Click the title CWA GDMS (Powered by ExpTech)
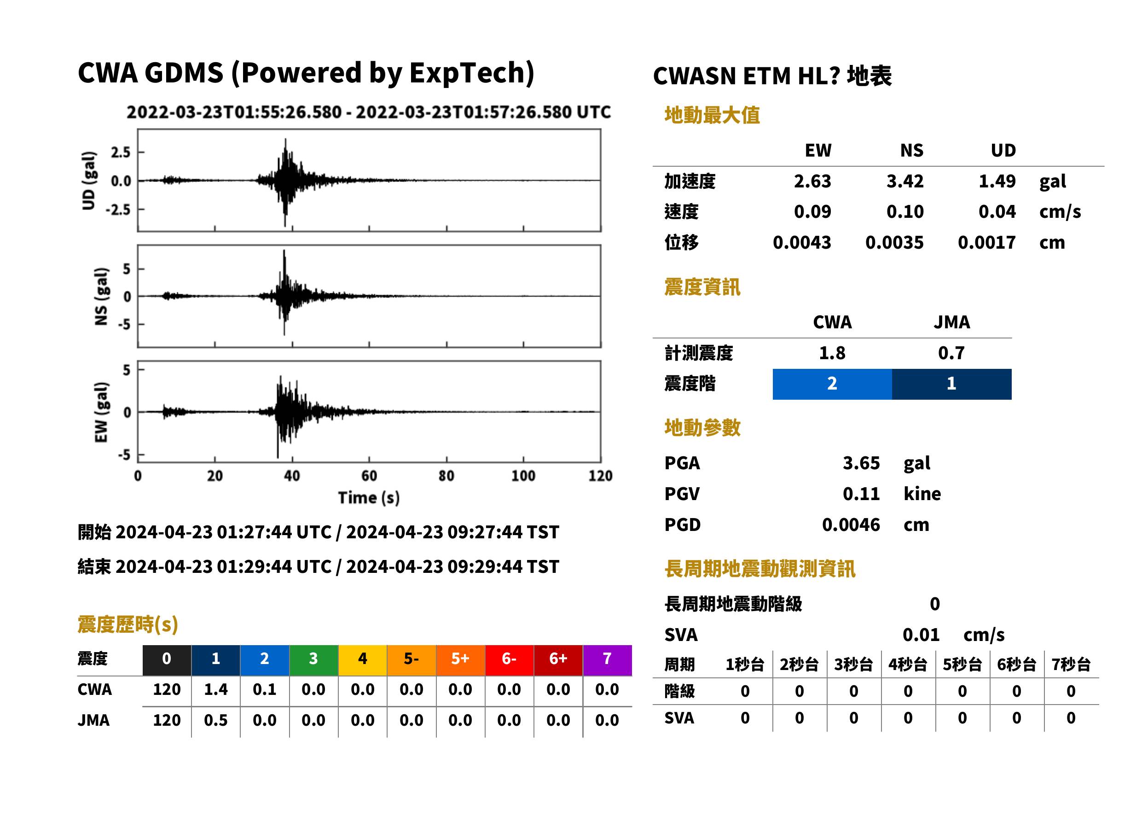tap(306, 73)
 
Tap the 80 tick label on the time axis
tap(446, 476)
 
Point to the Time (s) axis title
tap(369, 498)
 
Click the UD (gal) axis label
tap(88, 181)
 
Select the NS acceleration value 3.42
tap(904, 181)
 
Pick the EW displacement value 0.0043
tap(801, 242)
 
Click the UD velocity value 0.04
tap(997, 211)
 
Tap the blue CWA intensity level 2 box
tap(832, 384)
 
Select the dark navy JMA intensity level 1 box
tap(952, 384)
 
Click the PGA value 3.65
tap(861, 463)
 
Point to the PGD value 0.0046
tap(851, 525)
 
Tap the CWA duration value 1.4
tap(215, 689)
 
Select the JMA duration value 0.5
tap(215, 720)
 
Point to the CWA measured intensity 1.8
tap(832, 353)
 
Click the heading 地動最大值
tap(712, 115)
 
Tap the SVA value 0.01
tap(921, 635)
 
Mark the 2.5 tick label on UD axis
tap(121, 152)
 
